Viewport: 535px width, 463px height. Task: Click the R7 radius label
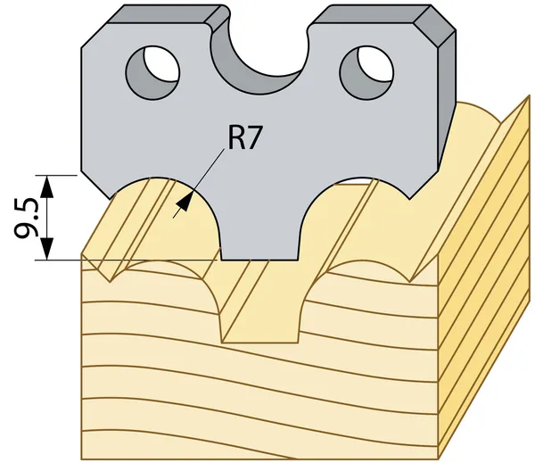244,138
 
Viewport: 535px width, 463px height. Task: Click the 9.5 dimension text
27,218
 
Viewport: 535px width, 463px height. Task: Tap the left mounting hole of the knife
152,72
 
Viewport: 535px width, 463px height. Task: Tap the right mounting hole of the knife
366,72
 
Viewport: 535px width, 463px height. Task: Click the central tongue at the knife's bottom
260,236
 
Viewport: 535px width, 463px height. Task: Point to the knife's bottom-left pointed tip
110,198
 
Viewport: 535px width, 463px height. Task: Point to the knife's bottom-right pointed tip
410,198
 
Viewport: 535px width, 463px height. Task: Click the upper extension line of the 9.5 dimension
56,175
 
